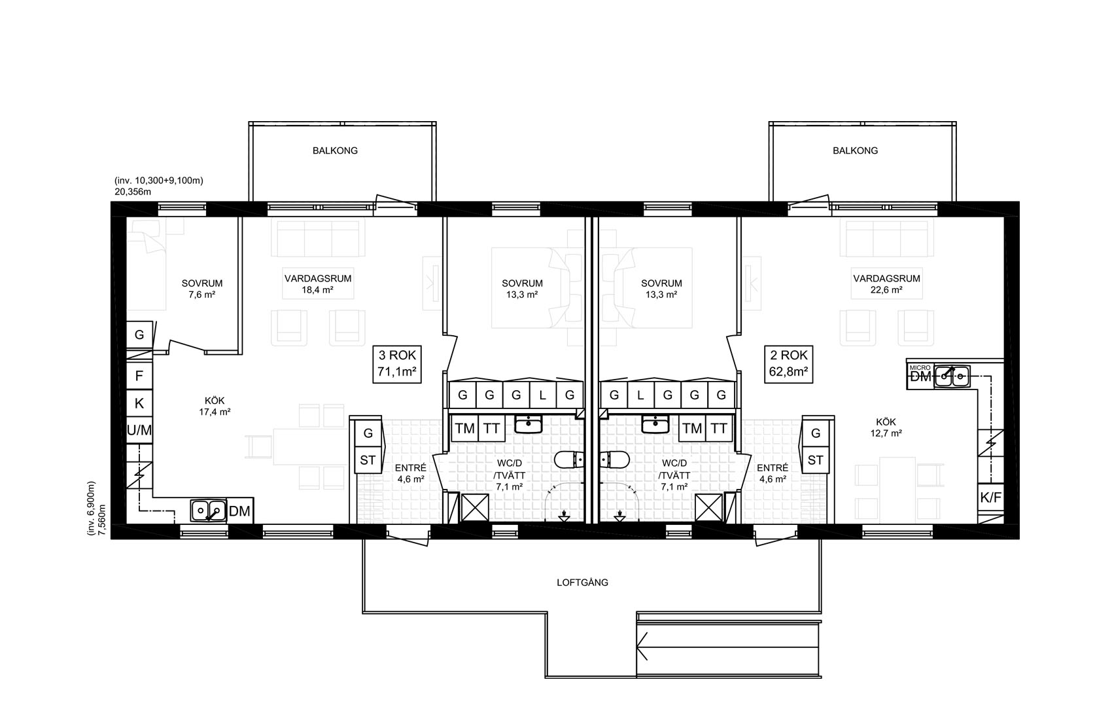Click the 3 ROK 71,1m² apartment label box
[x=397, y=364]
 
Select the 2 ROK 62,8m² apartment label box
[x=788, y=364]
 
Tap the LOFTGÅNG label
[x=582, y=583]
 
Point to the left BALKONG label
[x=335, y=151]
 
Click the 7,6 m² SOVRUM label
[x=202, y=289]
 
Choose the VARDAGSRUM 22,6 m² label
[x=886, y=284]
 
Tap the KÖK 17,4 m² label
[x=215, y=406]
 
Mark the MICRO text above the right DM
[x=920, y=368]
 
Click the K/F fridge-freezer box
[x=991, y=497]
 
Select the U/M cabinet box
[x=139, y=430]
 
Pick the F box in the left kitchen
[x=139, y=376]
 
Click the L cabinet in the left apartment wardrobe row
[x=543, y=395]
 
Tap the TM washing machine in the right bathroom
[x=692, y=428]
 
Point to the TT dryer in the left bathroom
[x=491, y=428]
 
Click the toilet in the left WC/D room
[x=569, y=459]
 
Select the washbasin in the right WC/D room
[x=655, y=425]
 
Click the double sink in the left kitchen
[x=209, y=511]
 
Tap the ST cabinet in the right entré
[x=815, y=460]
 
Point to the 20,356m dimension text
[x=133, y=192]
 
